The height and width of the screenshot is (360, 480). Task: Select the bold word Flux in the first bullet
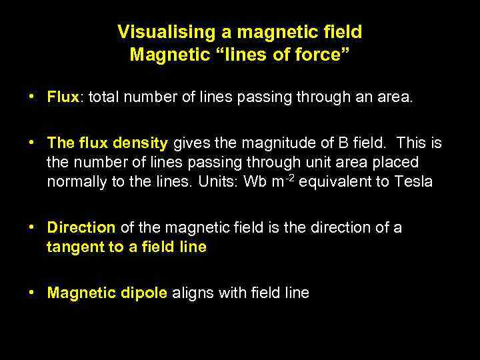[63, 98]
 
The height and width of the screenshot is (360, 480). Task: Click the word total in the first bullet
[103, 98]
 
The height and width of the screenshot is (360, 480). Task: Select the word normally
[77, 181]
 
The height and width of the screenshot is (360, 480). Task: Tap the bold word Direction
[81, 227]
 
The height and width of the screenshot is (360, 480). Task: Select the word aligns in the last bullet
[191, 293]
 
